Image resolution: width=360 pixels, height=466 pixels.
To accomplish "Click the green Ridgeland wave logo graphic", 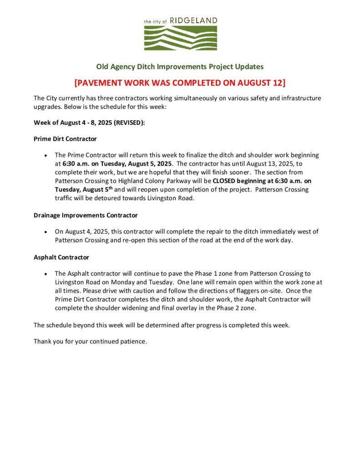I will [180, 38].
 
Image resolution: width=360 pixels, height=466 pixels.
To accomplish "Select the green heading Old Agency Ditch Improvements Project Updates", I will [180, 66].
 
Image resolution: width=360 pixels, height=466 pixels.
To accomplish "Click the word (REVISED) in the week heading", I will [129, 123].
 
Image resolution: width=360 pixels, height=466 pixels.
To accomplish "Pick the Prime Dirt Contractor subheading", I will [65, 139].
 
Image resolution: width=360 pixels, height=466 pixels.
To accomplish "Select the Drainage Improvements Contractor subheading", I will [86, 215].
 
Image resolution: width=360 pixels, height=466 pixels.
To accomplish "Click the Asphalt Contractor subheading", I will [61, 257].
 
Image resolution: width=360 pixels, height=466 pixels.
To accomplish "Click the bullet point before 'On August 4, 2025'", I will [46, 232].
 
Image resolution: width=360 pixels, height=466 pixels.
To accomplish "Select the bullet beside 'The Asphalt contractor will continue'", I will [46, 274].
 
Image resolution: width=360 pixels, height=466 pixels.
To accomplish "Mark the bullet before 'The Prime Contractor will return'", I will [46, 156].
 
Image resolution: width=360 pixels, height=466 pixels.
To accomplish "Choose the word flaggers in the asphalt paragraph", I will [235, 291].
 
